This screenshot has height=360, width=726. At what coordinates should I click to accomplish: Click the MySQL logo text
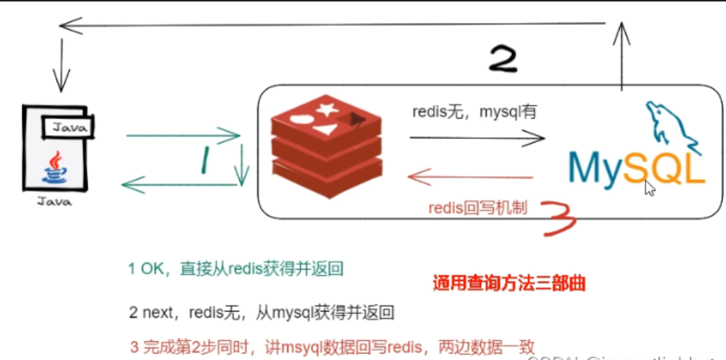(635, 169)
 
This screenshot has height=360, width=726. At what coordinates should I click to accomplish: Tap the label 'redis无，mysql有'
(474, 112)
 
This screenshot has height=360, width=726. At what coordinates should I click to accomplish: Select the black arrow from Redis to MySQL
(476, 138)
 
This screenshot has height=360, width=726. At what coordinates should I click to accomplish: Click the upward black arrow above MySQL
(620, 56)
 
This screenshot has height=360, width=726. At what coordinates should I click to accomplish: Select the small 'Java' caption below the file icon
(54, 202)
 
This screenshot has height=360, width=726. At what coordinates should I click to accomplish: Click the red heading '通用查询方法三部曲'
(508, 284)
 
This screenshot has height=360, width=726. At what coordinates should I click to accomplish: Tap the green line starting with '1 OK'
(236, 269)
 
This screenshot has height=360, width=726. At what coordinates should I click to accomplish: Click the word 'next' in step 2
(157, 312)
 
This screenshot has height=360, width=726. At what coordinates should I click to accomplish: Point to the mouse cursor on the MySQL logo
(650, 187)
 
